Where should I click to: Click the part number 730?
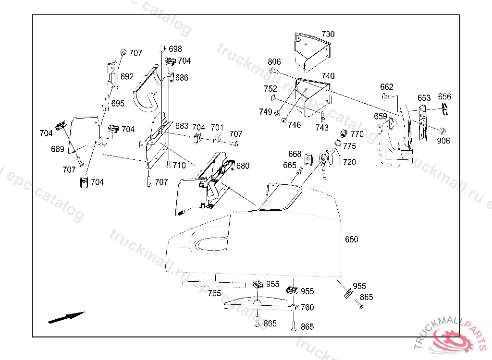pos(328,35)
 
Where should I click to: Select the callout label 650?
pos(352,240)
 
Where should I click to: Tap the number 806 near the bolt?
pos(274,62)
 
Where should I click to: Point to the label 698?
pos(175,49)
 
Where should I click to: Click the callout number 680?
pos(243,166)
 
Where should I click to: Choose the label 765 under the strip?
pos(214,293)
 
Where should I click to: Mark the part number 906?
pos(443,141)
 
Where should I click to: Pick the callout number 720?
pos(349,162)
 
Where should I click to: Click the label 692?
pos(127,77)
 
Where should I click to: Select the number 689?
pos(58,149)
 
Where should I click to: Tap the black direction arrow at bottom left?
pos(66,317)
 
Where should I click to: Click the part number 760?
pos(307,308)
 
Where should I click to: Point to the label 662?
pos(387,87)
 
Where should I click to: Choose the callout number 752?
pos(271,89)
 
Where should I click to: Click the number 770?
pos(357,134)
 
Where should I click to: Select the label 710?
pos(179,166)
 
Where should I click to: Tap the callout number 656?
pos(444,97)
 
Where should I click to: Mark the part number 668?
pos(295,154)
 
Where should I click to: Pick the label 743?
pos(322,128)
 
